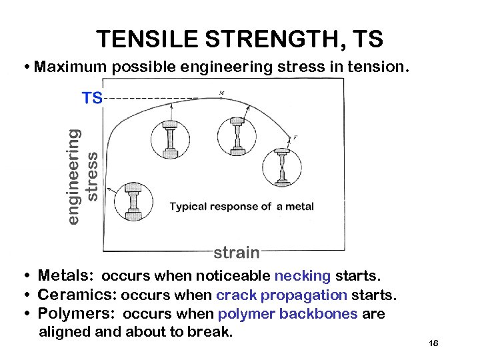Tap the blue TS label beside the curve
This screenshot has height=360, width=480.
coord(92,99)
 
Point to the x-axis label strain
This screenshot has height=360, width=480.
coord(237,252)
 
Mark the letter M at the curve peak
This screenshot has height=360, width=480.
coord(221,92)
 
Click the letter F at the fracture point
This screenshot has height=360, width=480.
coord(295,138)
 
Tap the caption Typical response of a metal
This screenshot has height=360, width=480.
coord(241,207)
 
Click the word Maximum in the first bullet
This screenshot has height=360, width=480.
coord(71,67)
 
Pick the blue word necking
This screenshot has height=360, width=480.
coord(303,276)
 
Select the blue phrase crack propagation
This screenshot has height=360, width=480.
coord(281,295)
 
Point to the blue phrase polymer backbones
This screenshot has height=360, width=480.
coord(288,313)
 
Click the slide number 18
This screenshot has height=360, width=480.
coord(433,343)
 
